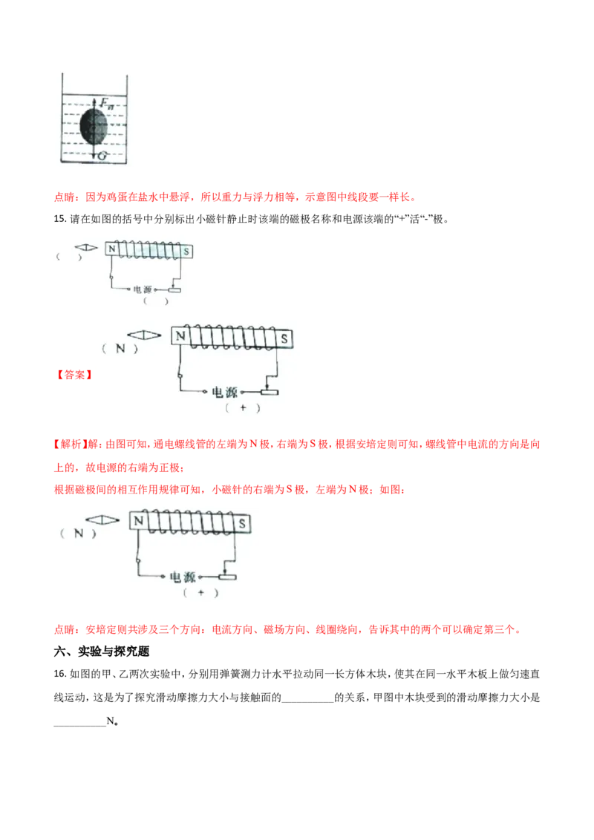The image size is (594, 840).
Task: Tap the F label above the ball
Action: pyautogui.click(x=104, y=103)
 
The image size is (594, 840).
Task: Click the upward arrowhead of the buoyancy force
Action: pyautogui.click(x=94, y=99)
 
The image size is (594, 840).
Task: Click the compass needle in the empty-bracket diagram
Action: pyautogui.click(x=87, y=247)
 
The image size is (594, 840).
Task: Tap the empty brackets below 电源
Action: pyautogui.click(x=156, y=301)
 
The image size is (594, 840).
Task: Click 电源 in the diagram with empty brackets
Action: pyautogui.click(x=143, y=289)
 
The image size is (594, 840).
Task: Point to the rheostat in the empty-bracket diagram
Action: pyautogui.click(x=175, y=289)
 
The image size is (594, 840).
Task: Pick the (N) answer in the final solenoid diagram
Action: pyautogui.click(x=79, y=532)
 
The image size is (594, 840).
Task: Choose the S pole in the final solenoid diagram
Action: pyautogui.click(x=242, y=522)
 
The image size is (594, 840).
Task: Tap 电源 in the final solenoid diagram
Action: pyautogui.click(x=182, y=577)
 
